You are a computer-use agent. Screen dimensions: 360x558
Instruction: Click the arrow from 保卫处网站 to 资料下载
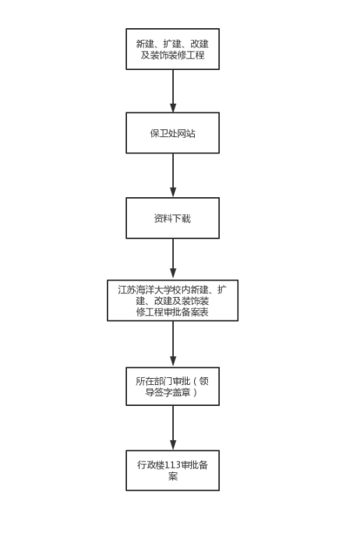[x=173, y=175]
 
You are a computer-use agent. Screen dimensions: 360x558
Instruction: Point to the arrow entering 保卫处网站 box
[x=173, y=91]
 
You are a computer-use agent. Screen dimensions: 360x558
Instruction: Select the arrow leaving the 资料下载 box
[x=173, y=259]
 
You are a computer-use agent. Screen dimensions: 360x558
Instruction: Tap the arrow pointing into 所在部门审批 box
[x=173, y=344]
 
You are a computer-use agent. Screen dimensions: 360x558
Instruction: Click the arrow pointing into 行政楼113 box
[x=173, y=428]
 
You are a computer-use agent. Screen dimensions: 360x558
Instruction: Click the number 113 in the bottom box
[x=173, y=465]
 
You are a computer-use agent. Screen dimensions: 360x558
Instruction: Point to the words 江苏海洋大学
[x=145, y=290]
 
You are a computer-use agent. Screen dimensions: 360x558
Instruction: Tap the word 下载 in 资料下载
[x=182, y=218]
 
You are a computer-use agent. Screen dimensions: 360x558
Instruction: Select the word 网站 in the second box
[x=186, y=133]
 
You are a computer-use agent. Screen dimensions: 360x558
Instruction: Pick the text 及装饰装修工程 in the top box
[x=172, y=55]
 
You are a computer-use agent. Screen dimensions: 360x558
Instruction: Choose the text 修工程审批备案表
[x=172, y=313]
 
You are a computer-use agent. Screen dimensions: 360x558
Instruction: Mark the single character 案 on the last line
[x=173, y=476]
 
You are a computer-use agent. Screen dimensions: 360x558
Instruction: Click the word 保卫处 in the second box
[x=164, y=133]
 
